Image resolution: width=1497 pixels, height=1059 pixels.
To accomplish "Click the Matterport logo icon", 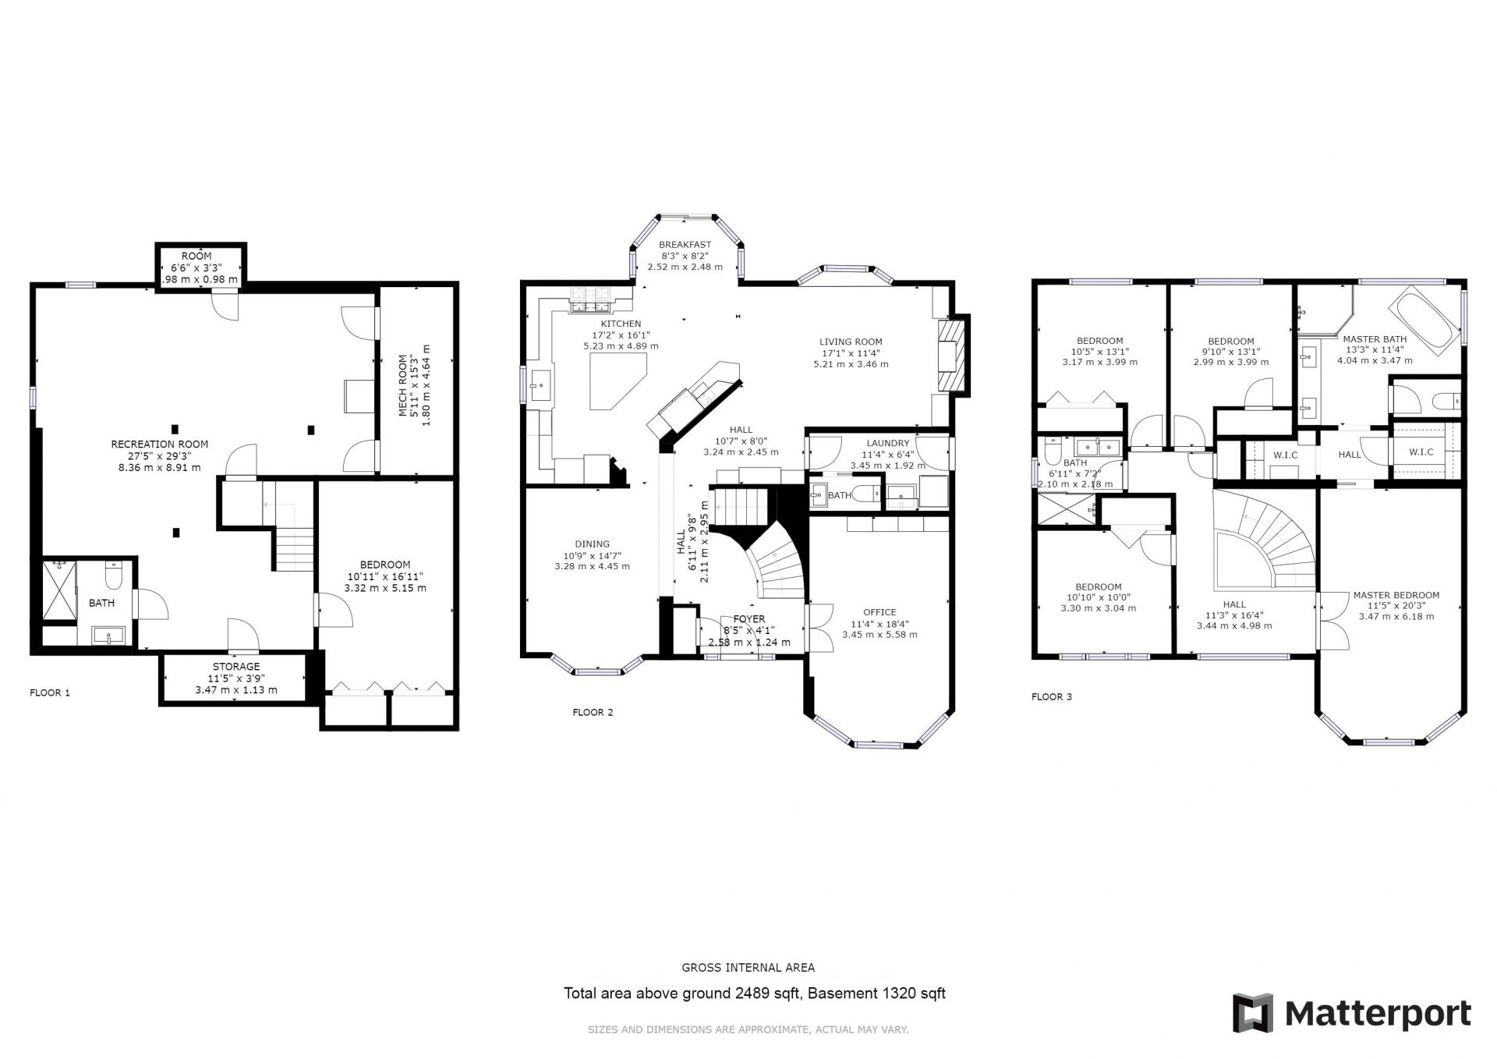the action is (1253, 1013).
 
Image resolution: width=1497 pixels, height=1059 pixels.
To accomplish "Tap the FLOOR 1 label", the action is (50, 692).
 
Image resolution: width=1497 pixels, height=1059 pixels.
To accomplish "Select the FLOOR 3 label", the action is (1052, 696).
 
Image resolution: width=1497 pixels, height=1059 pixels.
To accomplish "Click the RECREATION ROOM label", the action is (160, 444).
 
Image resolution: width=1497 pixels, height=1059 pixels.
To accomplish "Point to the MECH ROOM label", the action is (404, 386).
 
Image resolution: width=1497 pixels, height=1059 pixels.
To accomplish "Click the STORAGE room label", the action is (236, 667).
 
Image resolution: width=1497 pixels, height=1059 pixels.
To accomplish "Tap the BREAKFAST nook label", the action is (685, 244).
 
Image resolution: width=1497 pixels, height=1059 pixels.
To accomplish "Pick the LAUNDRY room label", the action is (887, 443).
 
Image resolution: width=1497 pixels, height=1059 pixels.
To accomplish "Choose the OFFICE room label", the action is (879, 612).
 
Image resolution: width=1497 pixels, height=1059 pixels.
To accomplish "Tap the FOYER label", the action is (749, 619).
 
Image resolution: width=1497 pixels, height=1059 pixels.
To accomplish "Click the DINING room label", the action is (593, 544).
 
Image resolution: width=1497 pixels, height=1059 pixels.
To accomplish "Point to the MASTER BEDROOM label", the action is (1396, 595).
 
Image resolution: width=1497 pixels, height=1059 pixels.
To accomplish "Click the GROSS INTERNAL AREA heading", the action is (748, 968).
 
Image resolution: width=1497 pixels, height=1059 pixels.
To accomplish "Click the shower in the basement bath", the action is (58, 591).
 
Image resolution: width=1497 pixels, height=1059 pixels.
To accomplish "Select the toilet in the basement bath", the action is (114, 575).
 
